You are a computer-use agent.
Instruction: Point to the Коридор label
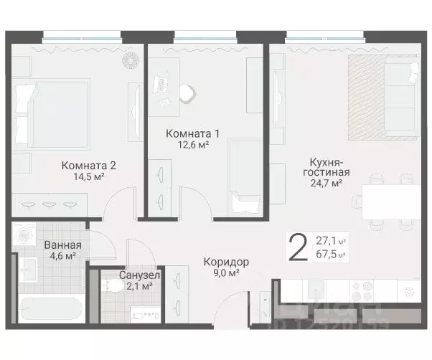226,262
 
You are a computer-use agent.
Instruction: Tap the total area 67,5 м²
331,254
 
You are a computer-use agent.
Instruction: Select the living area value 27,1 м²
331,242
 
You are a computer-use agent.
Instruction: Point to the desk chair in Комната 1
187,93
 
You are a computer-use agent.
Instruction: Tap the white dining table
388,202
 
